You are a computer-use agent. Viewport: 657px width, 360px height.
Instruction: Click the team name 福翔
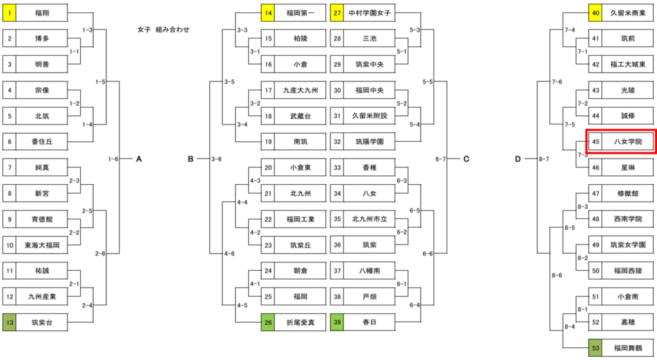tap(42, 13)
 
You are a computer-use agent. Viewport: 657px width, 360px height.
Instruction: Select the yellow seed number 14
tap(268, 13)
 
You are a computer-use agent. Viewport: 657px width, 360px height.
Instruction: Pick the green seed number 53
tap(595, 348)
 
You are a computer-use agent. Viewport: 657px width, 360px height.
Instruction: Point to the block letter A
tap(139, 159)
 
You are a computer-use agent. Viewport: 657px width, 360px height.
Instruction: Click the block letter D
tap(518, 159)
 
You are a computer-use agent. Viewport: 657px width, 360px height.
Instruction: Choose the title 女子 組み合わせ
tap(164, 30)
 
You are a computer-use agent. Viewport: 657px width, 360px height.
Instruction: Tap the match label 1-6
tap(114, 159)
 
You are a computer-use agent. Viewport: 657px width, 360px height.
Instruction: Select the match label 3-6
tap(216, 159)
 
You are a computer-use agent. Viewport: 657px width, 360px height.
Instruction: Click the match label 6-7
tap(440, 159)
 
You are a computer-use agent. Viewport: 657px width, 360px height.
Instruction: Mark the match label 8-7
tap(543, 159)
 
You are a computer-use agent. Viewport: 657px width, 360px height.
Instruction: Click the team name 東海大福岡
tap(42, 245)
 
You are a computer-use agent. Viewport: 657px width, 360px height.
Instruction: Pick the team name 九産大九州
tap(300, 90)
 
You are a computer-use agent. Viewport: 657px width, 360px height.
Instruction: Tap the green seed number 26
tap(268, 322)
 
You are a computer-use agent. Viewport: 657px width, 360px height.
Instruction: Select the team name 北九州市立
tap(370, 219)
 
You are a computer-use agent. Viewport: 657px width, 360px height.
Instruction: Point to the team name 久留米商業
tap(627, 13)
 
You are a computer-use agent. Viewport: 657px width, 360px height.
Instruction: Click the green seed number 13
tap(10, 322)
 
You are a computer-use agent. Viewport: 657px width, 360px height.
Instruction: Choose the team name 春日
tap(370, 322)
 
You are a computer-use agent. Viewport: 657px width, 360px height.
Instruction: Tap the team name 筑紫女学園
tap(627, 245)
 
